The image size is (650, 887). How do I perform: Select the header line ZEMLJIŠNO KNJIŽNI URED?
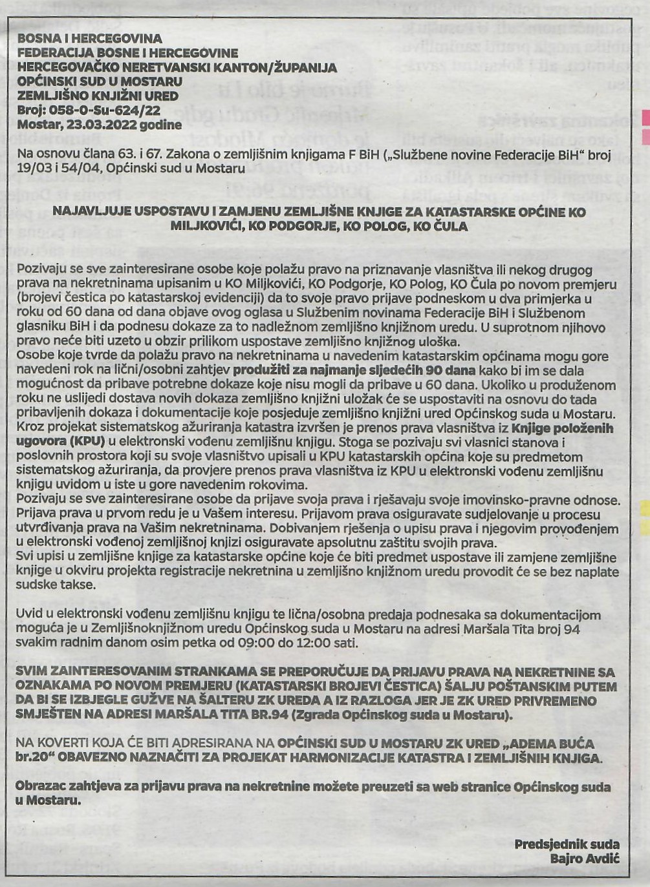pyautogui.click(x=98, y=96)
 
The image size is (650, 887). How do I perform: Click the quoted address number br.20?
pyautogui.click(x=33, y=758)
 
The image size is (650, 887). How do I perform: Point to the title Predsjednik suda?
pyautogui.click(x=567, y=844)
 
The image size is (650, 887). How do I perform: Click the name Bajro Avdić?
pyautogui.click(x=585, y=859)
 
